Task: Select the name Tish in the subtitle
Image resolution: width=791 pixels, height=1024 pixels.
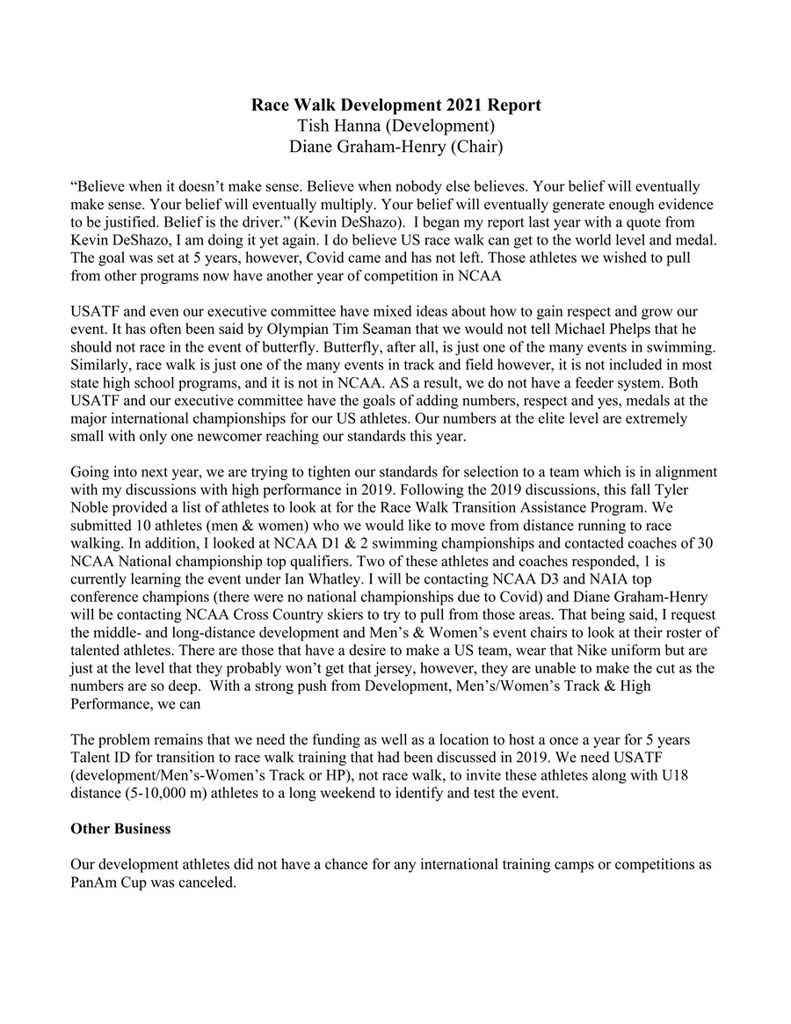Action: coord(316,127)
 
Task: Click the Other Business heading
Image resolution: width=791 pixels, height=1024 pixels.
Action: coord(120,829)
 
